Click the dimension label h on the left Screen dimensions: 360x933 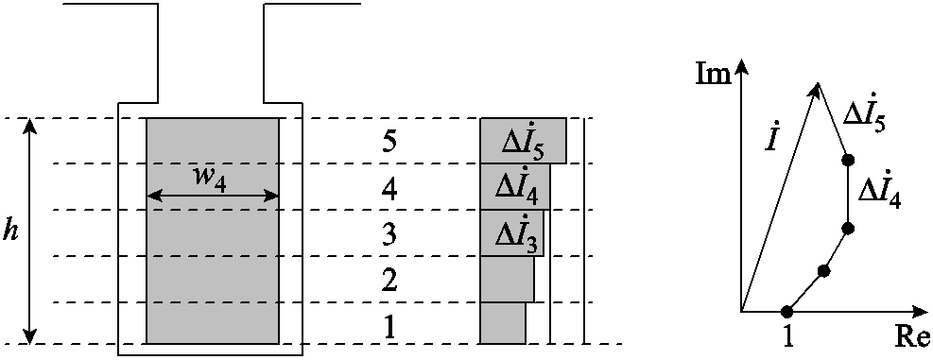pyautogui.click(x=10, y=232)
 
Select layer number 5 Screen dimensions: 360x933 pyautogui.click(x=389, y=142)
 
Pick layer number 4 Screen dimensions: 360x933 pyautogui.click(x=389, y=188)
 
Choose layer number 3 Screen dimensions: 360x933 pyautogui.click(x=389, y=234)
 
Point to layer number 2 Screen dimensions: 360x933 pyautogui.click(x=389, y=281)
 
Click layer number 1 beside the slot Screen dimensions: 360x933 pyautogui.click(x=389, y=327)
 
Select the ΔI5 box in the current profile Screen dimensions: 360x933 pyautogui.click(x=523, y=142)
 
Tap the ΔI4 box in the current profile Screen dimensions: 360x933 pyautogui.click(x=515, y=187)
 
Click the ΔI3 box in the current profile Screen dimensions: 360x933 pyautogui.click(x=511, y=233)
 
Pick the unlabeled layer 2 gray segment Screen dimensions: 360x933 pyautogui.click(x=507, y=280)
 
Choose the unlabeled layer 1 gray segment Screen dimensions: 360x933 pyautogui.click(x=502, y=324)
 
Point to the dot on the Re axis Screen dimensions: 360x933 pyautogui.click(x=786, y=311)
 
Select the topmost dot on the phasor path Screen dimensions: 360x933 pyautogui.click(x=847, y=159)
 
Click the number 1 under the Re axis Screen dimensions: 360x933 pyautogui.click(x=786, y=335)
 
